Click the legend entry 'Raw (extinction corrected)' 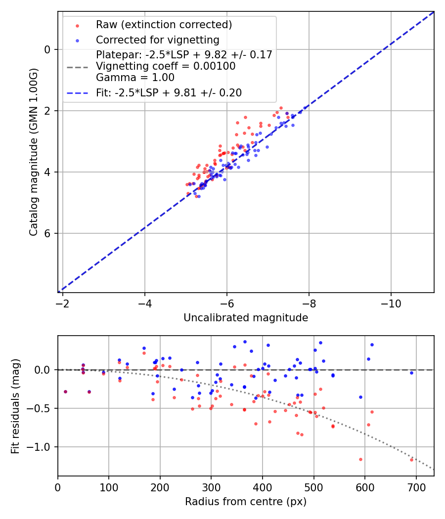[164, 25]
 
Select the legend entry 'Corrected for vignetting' [157, 40]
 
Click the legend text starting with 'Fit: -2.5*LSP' [169, 92]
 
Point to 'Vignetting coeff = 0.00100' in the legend [166, 66]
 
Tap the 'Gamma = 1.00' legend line [135, 77]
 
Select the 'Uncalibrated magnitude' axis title [246, 318]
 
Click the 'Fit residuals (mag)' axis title [15, 406]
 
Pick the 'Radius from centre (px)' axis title [246, 502]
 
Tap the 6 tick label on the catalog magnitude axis [47, 233]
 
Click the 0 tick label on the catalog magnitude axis [47, 49]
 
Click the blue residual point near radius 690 [411, 373]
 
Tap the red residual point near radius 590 [360, 459]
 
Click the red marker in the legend [77, 25]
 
